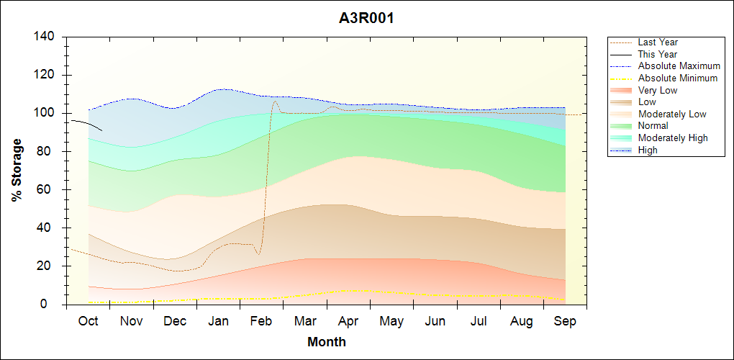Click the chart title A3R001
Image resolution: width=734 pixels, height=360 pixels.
click(366, 18)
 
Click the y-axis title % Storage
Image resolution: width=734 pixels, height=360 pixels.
click(17, 174)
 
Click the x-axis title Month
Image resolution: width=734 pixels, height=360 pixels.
click(326, 342)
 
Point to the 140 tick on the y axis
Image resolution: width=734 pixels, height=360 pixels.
click(47, 37)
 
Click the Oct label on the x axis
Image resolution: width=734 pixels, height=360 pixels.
click(88, 321)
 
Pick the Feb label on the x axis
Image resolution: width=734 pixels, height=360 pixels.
click(261, 321)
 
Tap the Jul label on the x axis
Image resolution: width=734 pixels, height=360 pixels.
click(479, 321)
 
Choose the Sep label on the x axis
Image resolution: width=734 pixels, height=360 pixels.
click(565, 321)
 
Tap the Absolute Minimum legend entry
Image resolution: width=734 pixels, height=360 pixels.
click(677, 78)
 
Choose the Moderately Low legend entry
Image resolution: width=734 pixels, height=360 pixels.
click(672, 114)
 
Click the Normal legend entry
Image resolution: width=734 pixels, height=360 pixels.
click(653, 126)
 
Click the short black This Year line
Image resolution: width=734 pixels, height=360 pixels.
click(86, 124)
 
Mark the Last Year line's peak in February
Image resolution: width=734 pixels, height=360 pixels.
click(274, 102)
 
